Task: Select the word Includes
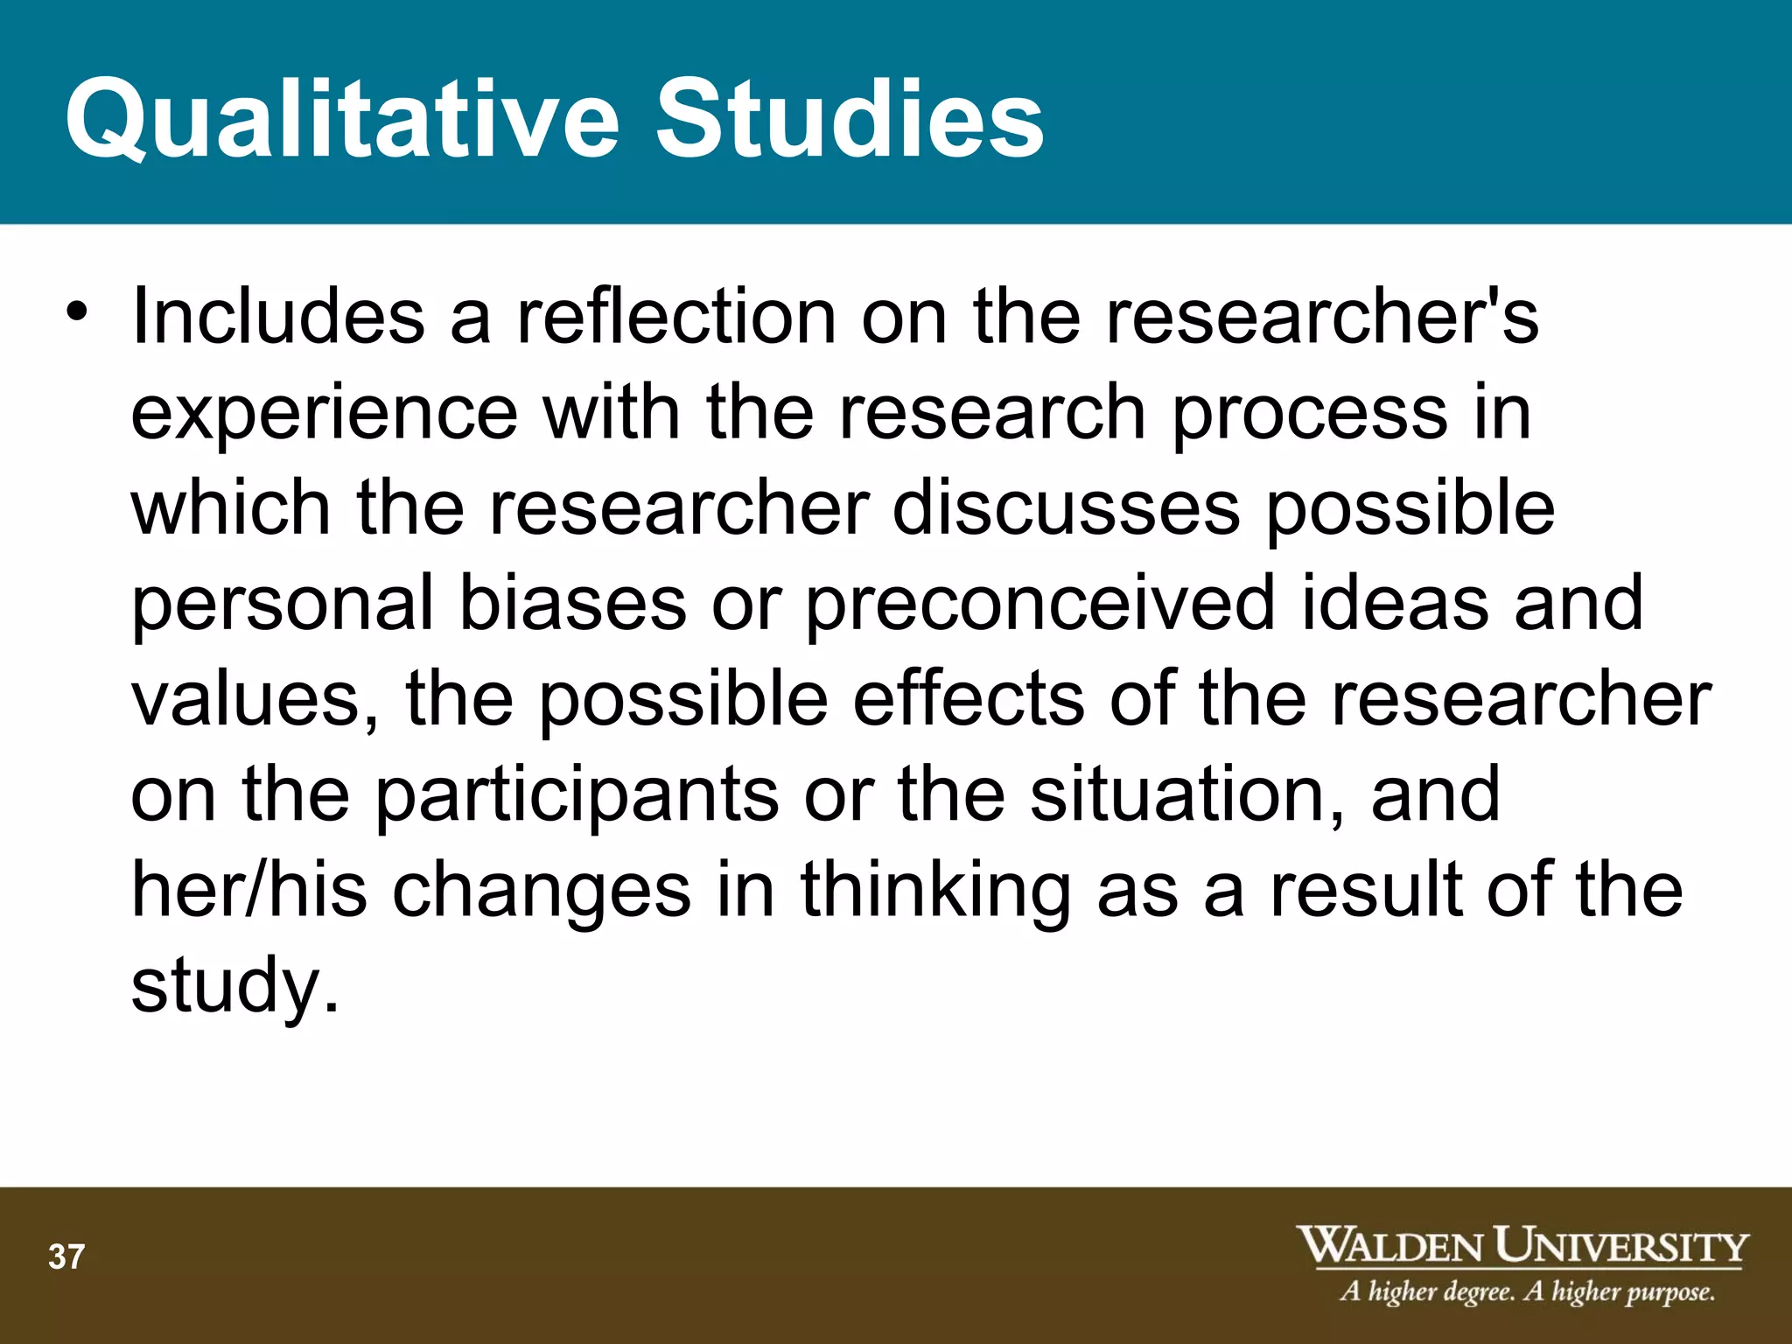pos(277,317)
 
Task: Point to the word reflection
pos(676,317)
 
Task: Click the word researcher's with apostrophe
pos(1321,317)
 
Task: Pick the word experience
pos(324,413)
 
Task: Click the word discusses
pos(1066,508)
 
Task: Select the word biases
pos(573,604)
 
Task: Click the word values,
pos(255,699)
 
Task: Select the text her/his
pos(248,890)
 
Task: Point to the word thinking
pos(935,890)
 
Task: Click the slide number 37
pos(66,1257)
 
